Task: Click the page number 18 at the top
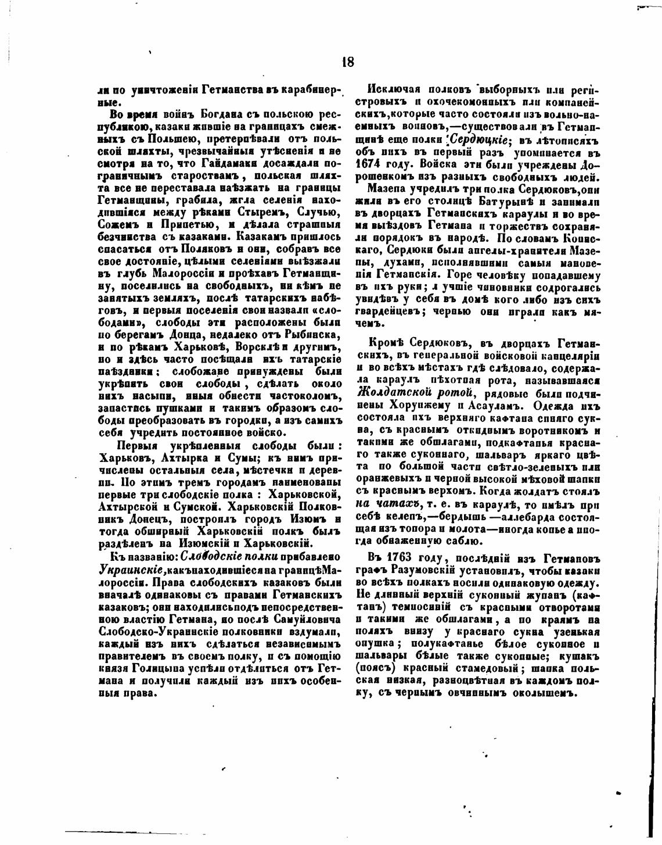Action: (x=348, y=62)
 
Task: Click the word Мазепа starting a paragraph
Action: (x=386, y=189)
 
